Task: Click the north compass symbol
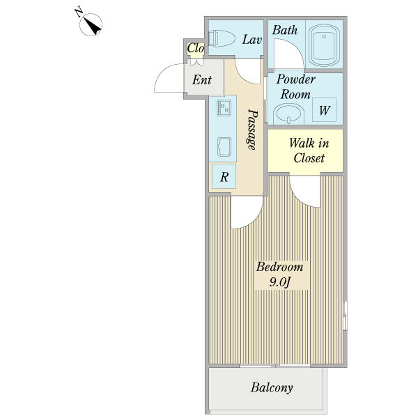(x=91, y=24)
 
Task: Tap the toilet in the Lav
(x=222, y=38)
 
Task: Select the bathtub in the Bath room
(x=324, y=45)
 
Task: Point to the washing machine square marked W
(x=324, y=110)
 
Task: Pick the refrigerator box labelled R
(x=224, y=176)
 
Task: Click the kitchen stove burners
(x=224, y=108)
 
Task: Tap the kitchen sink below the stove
(x=224, y=146)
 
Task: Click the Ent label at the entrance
(x=202, y=79)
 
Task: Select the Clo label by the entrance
(x=196, y=48)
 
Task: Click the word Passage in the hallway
(x=252, y=130)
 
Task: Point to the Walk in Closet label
(x=309, y=150)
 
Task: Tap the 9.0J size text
(x=279, y=282)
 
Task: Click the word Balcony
(x=272, y=388)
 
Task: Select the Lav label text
(x=252, y=40)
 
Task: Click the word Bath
(x=285, y=30)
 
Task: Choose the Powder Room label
(x=295, y=86)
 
